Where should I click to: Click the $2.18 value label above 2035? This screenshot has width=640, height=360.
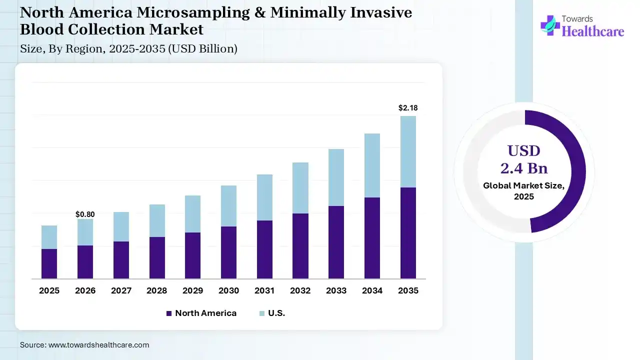(408, 107)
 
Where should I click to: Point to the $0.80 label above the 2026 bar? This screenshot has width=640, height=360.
(85, 214)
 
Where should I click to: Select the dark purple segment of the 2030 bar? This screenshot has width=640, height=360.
(228, 252)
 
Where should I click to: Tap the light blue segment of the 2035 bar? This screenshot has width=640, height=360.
(408, 151)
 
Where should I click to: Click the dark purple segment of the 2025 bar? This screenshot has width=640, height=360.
(49, 263)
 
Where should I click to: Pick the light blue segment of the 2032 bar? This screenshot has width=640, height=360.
(300, 188)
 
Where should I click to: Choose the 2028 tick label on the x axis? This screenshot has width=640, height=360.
(156, 290)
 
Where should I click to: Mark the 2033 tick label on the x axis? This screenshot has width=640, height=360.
(336, 290)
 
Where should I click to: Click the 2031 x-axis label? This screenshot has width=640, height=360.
(264, 290)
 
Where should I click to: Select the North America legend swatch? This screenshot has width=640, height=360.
(169, 313)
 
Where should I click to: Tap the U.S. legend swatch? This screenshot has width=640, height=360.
(262, 313)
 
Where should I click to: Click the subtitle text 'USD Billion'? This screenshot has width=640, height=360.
(209, 48)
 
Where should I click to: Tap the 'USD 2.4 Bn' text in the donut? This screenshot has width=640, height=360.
(524, 159)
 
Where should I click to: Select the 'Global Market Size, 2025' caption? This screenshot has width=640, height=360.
(524, 191)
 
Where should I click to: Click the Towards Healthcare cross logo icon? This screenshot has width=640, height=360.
(550, 25)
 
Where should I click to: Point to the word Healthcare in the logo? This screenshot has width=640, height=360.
(593, 31)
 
